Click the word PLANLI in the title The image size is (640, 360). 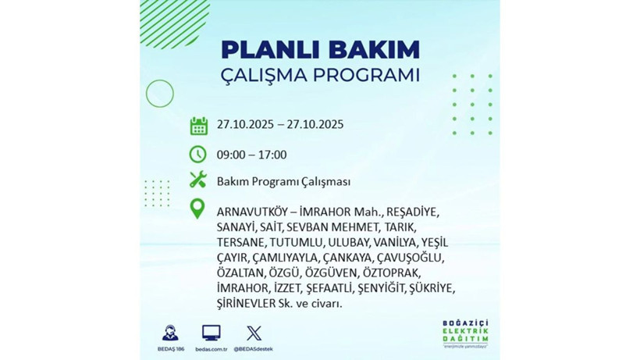266,49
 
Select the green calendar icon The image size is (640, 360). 198,125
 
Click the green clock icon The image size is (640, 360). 198,154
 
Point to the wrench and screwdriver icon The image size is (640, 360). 198,180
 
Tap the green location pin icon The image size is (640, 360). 198,209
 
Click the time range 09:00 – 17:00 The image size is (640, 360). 251,155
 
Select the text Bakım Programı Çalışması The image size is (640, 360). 283,181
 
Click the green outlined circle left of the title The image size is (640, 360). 159,94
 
